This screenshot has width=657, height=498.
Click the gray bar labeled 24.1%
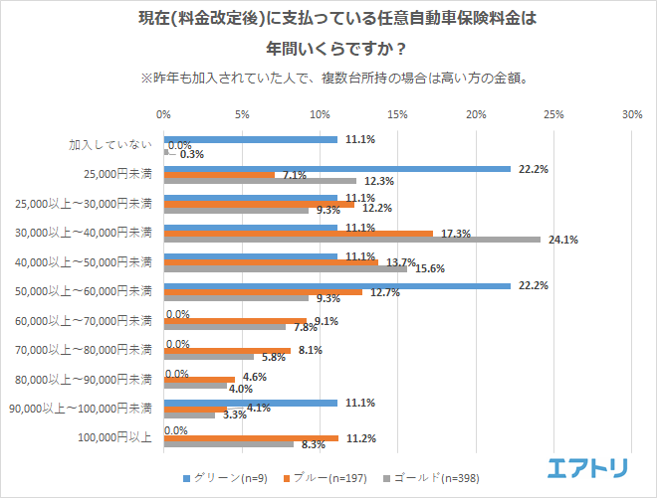point(351,240)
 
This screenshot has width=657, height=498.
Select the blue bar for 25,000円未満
point(336,169)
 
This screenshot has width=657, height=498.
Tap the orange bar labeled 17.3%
point(299,234)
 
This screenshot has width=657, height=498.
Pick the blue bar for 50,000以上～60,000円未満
point(336,286)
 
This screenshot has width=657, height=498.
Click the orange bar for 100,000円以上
point(251,437)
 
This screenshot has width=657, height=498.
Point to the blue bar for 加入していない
point(250,140)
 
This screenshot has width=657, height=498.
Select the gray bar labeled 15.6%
point(285,268)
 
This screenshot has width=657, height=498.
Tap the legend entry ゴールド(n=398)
point(426,477)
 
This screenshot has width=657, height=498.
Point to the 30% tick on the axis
point(631,114)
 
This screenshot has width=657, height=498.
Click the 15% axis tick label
point(397,114)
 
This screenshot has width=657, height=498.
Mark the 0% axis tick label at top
point(164,114)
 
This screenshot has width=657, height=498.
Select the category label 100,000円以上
point(116,437)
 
